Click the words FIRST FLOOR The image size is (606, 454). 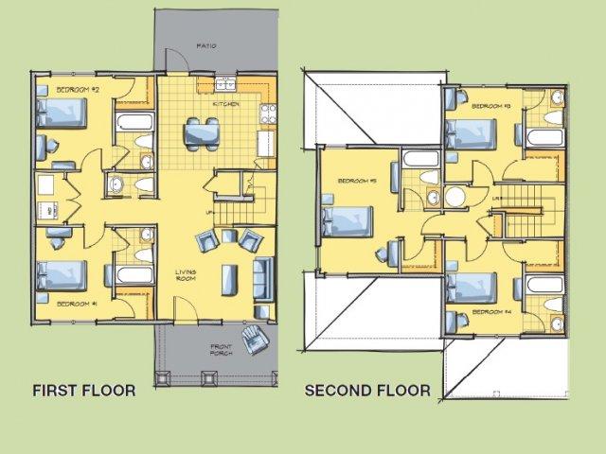coord(83,390)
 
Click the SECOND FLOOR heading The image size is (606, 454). coord(366,390)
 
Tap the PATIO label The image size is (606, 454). coord(205,44)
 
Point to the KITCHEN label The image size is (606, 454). coord(225,104)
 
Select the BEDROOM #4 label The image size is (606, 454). coord(492,311)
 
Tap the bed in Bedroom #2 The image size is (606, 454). coord(62,114)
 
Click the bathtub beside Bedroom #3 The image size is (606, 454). coord(544,138)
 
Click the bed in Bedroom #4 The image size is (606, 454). coord(471,287)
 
